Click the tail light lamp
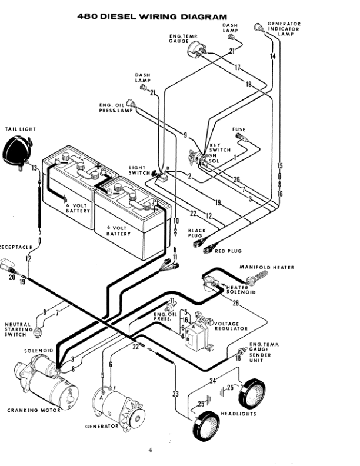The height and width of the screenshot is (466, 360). pyautogui.click(x=17, y=152)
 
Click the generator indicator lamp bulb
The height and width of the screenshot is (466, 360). pyautogui.click(x=258, y=28)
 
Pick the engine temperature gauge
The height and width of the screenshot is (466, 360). pyautogui.click(x=196, y=49)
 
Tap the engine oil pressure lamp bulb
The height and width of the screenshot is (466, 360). pyautogui.click(x=131, y=104)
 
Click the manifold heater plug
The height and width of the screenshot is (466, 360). pyautogui.click(x=257, y=278)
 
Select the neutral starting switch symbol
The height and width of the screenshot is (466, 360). pyautogui.click(x=38, y=332)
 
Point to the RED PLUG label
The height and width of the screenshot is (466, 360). pyautogui.click(x=228, y=251)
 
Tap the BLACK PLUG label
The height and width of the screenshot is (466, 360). pyautogui.click(x=196, y=233)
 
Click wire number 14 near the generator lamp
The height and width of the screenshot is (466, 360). pyautogui.click(x=273, y=55)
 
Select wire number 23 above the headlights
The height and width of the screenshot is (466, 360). pyautogui.click(x=175, y=394)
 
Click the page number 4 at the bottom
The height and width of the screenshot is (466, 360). pyautogui.click(x=151, y=450)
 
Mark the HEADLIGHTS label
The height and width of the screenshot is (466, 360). pyautogui.click(x=238, y=414)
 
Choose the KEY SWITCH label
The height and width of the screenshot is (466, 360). pyautogui.click(x=220, y=148)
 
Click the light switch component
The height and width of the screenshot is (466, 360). pyautogui.click(x=161, y=175)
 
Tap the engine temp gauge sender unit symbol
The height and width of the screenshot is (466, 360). pyautogui.click(x=243, y=351)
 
